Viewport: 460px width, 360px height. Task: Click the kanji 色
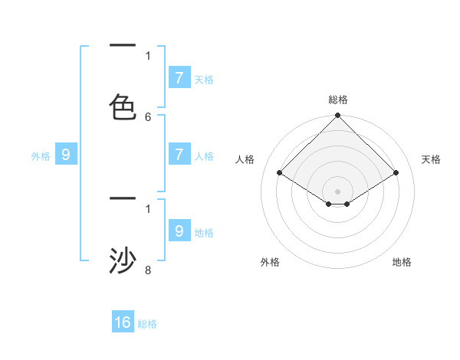tap(123, 106)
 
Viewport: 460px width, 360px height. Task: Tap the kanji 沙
tap(123, 260)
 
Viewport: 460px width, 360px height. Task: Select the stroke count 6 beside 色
tap(148, 116)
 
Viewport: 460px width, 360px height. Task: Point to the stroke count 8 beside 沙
tap(148, 270)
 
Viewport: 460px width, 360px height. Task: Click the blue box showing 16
tap(123, 322)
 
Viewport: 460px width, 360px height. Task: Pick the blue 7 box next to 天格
tap(179, 78)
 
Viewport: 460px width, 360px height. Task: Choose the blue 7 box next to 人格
tap(179, 155)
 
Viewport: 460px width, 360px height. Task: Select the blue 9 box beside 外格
tap(66, 155)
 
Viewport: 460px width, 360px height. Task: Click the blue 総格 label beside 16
tap(147, 324)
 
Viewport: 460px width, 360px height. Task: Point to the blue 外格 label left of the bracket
tap(41, 156)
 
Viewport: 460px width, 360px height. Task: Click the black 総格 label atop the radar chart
tap(338, 100)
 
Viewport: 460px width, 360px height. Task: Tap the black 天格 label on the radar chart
tap(431, 159)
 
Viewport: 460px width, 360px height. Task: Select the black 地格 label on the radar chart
tap(402, 262)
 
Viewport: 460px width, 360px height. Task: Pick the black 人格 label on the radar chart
tap(245, 159)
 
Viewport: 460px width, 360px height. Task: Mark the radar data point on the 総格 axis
tap(338, 116)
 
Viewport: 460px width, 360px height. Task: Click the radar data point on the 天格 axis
tap(396, 173)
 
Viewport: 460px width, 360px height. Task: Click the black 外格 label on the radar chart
tap(270, 262)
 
